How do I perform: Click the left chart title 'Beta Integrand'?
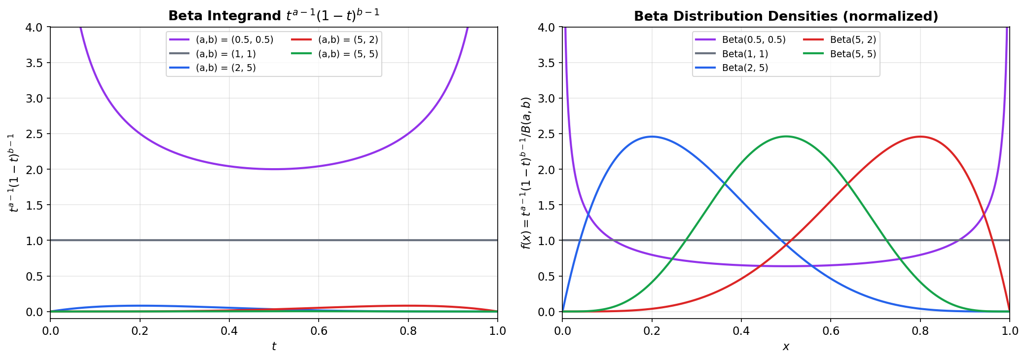(274, 16)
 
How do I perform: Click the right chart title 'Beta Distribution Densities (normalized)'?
(786, 16)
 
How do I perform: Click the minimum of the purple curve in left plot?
(274, 169)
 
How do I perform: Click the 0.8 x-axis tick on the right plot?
(920, 330)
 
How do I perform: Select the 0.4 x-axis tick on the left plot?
(229, 330)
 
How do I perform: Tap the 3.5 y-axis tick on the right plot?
(547, 63)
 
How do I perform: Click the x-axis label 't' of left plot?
(274, 347)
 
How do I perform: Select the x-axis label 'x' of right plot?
(786, 347)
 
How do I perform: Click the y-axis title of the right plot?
(526, 173)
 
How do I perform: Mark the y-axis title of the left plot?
(14, 173)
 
